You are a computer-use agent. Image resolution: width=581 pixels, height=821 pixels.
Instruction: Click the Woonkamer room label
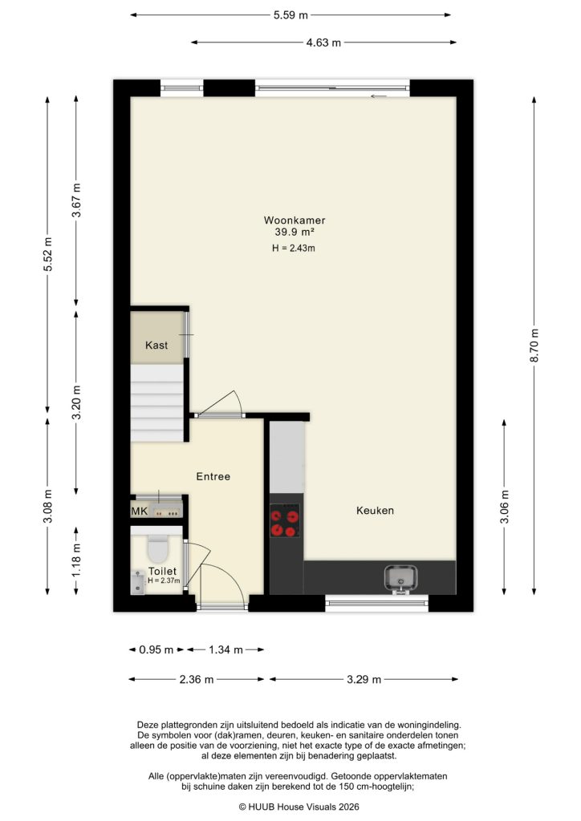(295, 220)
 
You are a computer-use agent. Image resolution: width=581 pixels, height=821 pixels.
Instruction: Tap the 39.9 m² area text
(295, 232)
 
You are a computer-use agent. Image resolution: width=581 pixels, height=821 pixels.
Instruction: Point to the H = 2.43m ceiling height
(294, 248)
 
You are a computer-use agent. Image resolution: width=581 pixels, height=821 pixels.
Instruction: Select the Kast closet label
(156, 346)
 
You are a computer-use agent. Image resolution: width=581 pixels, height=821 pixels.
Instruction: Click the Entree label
(213, 476)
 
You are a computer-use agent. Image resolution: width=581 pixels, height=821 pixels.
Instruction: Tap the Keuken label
(376, 510)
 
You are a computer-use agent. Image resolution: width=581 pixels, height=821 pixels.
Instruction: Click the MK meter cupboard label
(140, 510)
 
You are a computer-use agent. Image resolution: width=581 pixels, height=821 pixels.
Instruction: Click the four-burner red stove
(286, 520)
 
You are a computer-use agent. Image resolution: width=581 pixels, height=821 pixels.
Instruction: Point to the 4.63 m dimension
(324, 42)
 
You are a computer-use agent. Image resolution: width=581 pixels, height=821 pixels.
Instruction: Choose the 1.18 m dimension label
(76, 560)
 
